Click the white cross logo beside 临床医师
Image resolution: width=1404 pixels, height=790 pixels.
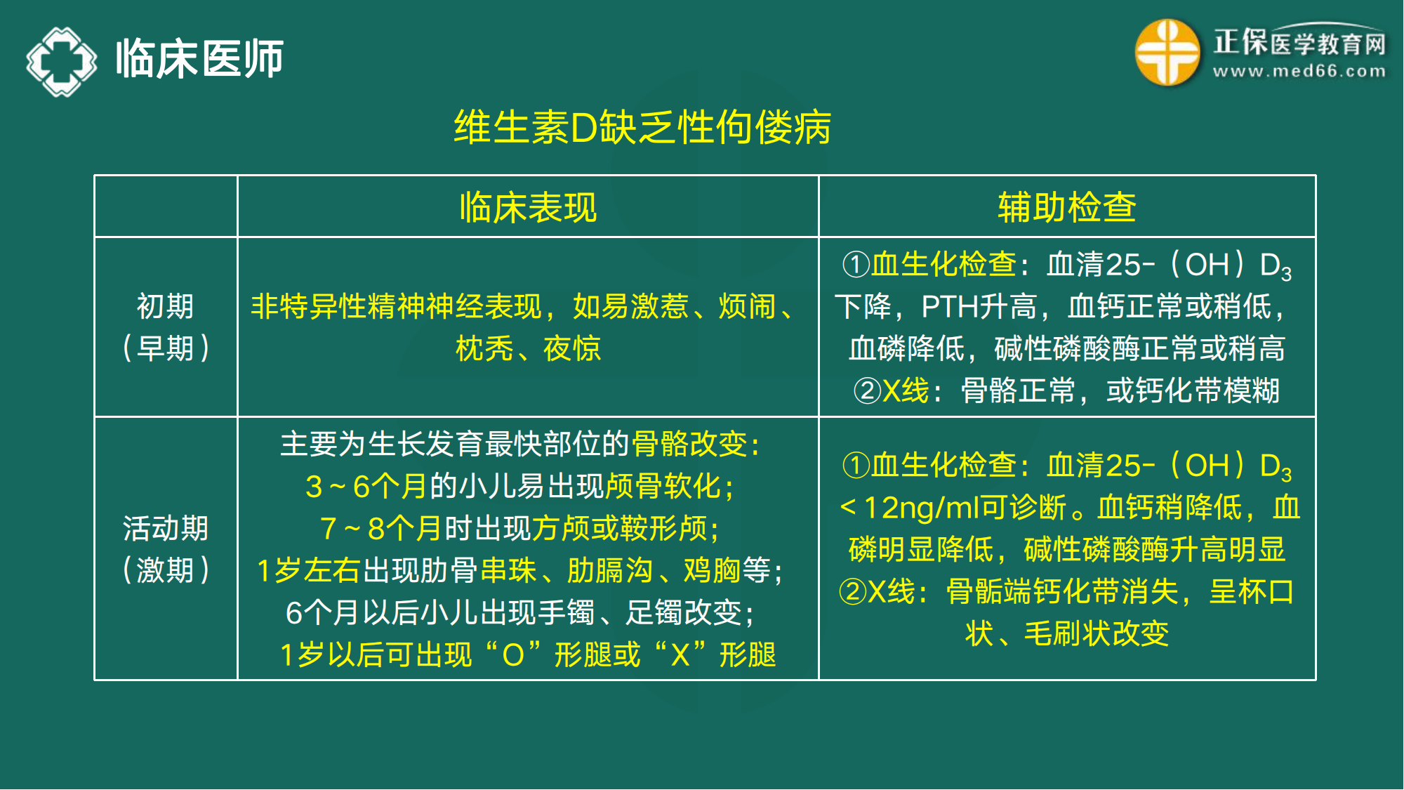tap(62, 61)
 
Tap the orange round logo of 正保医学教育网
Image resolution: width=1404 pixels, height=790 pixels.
tap(1167, 53)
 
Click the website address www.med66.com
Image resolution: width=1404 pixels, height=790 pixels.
tap(1299, 72)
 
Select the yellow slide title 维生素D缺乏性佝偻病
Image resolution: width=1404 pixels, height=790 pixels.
tap(642, 128)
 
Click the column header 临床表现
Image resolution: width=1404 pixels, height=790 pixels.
tap(528, 208)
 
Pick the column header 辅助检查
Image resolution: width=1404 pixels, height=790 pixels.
tap(1066, 208)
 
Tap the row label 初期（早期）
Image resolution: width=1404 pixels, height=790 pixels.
tap(166, 327)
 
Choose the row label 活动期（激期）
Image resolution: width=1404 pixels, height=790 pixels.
tap(166, 548)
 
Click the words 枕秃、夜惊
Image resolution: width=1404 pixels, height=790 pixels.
tap(528, 348)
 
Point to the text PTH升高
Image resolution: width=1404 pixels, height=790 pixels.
tap(979, 307)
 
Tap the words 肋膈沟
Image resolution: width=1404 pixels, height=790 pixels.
tap(609, 570)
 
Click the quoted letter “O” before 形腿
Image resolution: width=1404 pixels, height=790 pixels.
tap(513, 654)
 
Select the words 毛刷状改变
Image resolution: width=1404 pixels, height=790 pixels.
tap(1096, 633)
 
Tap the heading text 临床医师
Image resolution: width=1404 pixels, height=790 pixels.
tap(199, 59)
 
